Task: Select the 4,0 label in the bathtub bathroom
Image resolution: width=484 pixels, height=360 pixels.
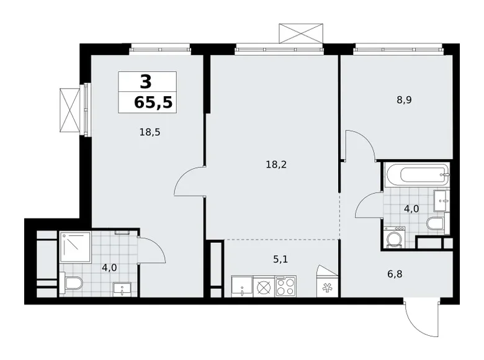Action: click(x=411, y=208)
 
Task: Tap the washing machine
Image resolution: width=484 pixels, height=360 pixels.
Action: click(x=395, y=238)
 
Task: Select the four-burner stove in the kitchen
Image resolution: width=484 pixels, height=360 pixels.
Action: click(x=286, y=287)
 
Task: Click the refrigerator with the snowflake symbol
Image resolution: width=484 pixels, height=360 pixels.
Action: click(x=327, y=286)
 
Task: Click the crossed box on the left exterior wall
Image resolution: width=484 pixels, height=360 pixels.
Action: click(x=71, y=110)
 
